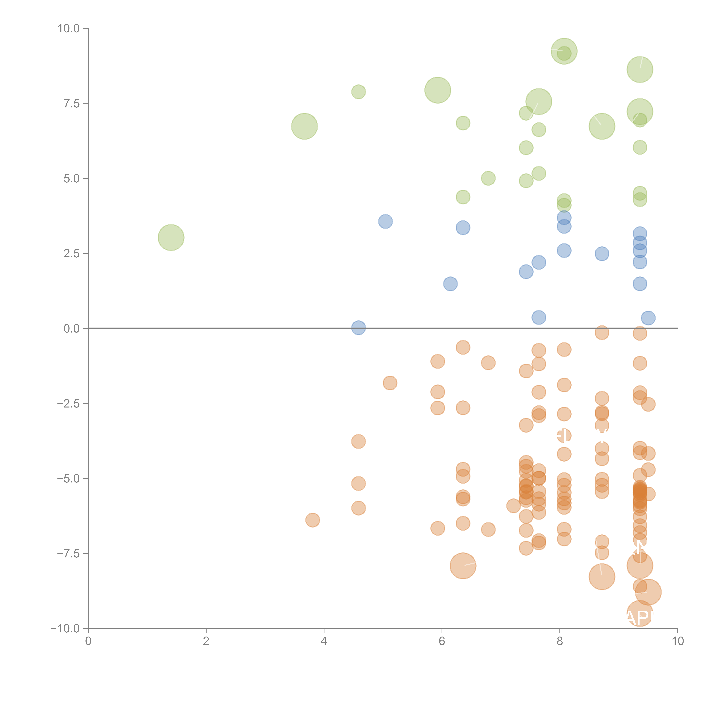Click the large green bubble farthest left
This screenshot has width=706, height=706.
click(x=171, y=237)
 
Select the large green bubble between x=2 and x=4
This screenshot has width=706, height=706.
click(x=304, y=126)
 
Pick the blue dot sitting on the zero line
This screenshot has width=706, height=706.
click(x=359, y=328)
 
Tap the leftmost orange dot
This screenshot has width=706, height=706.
click(x=312, y=520)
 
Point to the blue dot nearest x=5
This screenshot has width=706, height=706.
click(x=385, y=221)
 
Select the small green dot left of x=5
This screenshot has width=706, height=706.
click(x=359, y=92)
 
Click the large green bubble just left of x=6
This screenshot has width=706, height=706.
click(x=438, y=90)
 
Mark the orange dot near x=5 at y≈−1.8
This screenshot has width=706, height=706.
click(x=390, y=383)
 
